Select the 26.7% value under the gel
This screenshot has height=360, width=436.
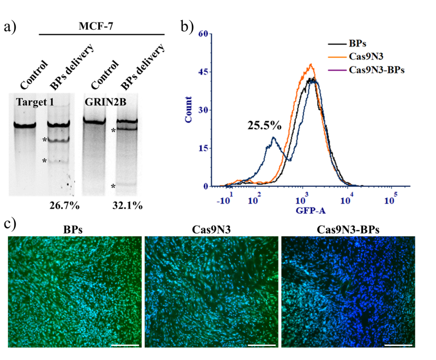pyautogui.click(x=62, y=205)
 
